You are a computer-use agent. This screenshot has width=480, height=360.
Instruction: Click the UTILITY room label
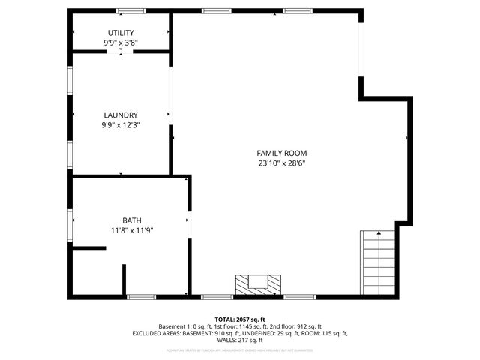point(121,33)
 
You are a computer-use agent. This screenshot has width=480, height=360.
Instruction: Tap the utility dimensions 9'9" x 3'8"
point(121,43)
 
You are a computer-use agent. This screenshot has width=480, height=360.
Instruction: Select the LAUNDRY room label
point(121,115)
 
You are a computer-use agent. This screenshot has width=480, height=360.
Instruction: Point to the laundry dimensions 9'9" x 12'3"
point(121,125)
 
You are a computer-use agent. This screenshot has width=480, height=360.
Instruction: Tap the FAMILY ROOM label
point(282,153)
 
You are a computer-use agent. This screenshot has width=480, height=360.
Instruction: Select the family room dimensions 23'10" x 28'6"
point(282,163)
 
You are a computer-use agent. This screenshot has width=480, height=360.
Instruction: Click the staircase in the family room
point(378,264)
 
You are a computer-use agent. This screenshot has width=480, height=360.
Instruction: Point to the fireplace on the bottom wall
point(259,285)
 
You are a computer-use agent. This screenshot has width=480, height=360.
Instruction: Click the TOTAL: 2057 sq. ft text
point(240,319)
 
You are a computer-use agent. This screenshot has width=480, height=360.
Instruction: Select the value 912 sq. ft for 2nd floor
point(307,326)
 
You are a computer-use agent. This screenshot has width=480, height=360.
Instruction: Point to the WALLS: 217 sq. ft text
point(240,340)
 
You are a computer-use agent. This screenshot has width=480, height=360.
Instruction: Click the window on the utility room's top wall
point(131,11)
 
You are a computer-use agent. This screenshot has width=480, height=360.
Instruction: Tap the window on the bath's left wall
point(70,226)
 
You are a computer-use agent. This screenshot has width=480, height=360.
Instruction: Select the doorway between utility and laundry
point(121,52)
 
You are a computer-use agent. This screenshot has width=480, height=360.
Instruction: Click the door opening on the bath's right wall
point(190,221)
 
